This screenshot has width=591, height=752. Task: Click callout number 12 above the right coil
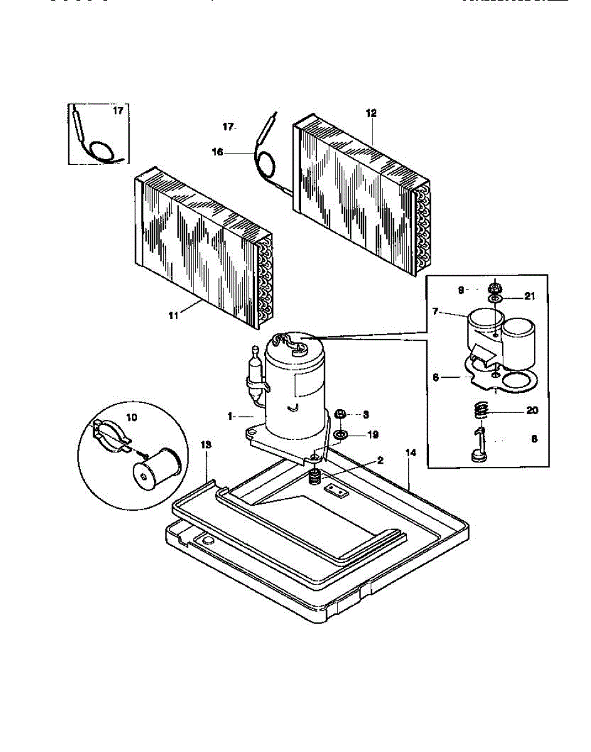(x=371, y=113)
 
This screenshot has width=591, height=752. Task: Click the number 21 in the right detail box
(x=530, y=296)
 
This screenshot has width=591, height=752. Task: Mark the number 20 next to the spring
(x=532, y=411)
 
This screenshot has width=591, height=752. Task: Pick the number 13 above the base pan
(x=206, y=444)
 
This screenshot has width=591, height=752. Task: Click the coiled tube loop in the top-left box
(x=101, y=150)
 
